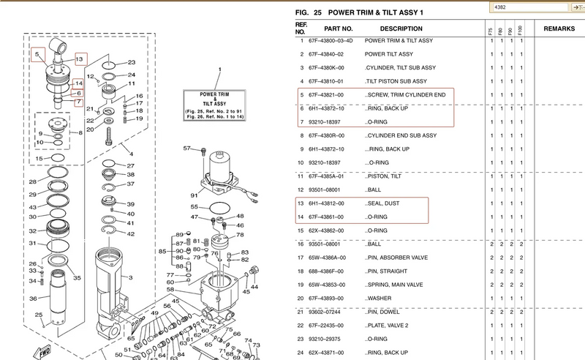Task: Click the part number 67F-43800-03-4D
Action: tap(331, 41)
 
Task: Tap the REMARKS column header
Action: tap(557, 29)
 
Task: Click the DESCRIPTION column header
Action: tap(390, 29)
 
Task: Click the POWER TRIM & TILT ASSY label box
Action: tap(217, 104)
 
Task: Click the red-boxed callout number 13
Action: tap(80, 58)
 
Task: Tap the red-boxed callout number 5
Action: tap(39, 55)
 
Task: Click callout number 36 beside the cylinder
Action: tap(33, 299)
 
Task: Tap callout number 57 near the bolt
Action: tap(186, 149)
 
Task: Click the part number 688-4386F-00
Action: tap(325, 271)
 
